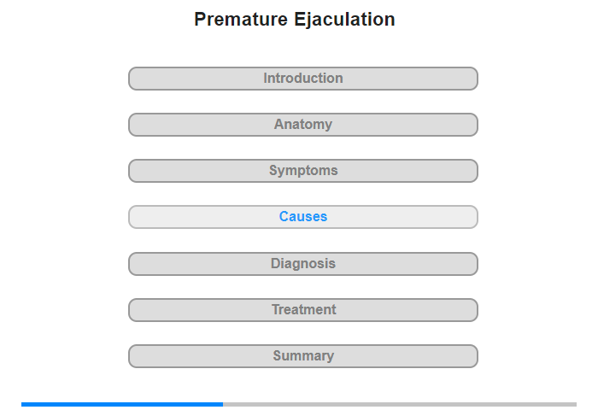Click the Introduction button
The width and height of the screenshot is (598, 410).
(303, 79)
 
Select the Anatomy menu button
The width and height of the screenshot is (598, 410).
(303, 125)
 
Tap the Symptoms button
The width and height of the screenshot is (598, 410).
(303, 171)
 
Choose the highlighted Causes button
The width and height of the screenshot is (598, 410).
(303, 217)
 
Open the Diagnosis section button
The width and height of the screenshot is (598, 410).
(303, 264)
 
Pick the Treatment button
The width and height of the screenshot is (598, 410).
(303, 310)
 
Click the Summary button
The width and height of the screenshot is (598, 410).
(303, 356)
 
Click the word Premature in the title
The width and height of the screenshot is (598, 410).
(241, 19)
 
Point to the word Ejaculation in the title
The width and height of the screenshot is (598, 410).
(345, 20)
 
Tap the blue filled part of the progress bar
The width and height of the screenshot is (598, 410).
(122, 404)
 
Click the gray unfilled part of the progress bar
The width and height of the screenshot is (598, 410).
(400, 404)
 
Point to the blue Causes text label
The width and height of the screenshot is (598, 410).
(303, 217)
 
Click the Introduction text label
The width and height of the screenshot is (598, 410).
(303, 79)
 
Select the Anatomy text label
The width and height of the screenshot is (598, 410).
(303, 125)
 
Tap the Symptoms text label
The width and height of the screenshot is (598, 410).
(303, 171)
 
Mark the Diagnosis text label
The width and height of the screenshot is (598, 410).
(303, 264)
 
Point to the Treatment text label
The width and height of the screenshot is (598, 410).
(304, 310)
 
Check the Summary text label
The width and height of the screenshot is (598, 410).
(303, 356)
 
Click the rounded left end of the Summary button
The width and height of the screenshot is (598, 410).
(131, 356)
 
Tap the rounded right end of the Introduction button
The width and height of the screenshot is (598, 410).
(476, 79)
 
